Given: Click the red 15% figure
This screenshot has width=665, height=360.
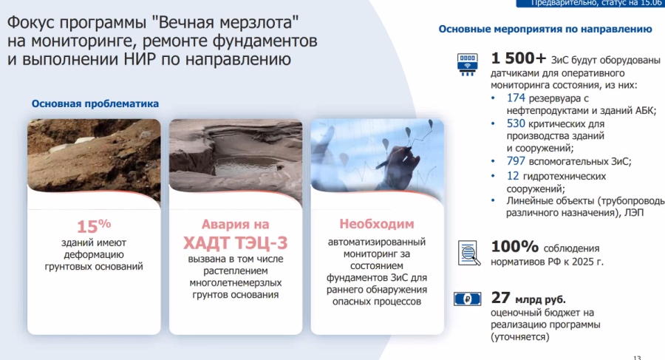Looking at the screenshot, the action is pyautogui.click(x=94, y=226).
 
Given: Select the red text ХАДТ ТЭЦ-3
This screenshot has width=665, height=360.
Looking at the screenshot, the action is pyautogui.click(x=236, y=242).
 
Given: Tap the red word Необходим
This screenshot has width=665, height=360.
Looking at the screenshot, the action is pyautogui.click(x=377, y=224).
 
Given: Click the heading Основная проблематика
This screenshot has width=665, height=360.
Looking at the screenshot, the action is pyautogui.click(x=95, y=103).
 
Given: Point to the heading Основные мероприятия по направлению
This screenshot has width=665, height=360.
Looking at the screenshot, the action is pyautogui.click(x=545, y=29).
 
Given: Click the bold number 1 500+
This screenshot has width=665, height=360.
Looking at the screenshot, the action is pyautogui.click(x=518, y=58).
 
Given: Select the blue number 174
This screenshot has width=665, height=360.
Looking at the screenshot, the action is pyautogui.click(x=516, y=98).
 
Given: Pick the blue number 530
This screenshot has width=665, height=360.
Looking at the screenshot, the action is pyautogui.click(x=516, y=123).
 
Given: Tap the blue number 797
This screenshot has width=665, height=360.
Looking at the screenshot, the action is pyautogui.click(x=516, y=161).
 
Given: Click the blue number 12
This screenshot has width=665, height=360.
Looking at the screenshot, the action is pyautogui.click(x=513, y=176).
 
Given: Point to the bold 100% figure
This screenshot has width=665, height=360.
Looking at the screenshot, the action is pyautogui.click(x=514, y=246).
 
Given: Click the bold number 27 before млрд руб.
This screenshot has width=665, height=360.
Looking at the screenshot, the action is pyautogui.click(x=500, y=298).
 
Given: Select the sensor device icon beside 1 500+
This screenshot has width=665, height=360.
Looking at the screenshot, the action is pyautogui.click(x=468, y=64).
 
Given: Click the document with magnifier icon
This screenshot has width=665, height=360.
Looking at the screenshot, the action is pyautogui.click(x=469, y=253).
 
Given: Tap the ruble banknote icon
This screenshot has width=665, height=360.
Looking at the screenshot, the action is pyautogui.click(x=468, y=299).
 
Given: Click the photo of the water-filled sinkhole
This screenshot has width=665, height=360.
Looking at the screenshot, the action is pyautogui.click(x=236, y=159).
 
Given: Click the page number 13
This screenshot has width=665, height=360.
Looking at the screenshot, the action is pyautogui.click(x=637, y=358).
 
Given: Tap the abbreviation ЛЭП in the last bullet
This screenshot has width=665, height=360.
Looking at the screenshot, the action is pyautogui.click(x=634, y=213).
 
